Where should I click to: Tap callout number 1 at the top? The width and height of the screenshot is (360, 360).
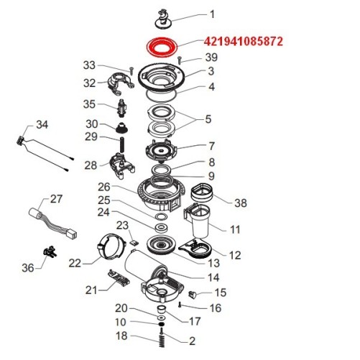click(x=212, y=14)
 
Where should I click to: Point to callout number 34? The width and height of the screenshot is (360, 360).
click(x=42, y=124)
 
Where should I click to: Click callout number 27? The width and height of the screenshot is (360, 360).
click(x=56, y=198)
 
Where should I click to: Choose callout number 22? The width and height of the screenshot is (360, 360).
click(x=75, y=263)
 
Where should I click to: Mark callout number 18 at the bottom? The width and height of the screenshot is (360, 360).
click(x=121, y=336)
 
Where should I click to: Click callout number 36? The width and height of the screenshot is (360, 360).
click(x=27, y=267)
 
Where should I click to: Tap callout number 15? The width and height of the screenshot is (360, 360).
click(x=220, y=292)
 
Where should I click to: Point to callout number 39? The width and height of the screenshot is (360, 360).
click(x=211, y=57)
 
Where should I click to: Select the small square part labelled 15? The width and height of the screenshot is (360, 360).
click(x=192, y=293)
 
